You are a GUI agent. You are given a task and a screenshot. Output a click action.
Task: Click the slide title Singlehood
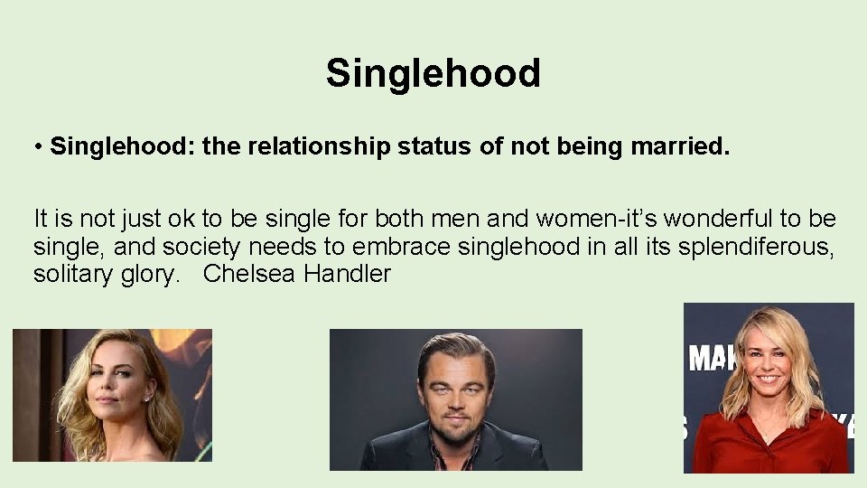click(x=433, y=73)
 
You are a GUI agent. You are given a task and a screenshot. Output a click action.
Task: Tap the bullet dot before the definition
click(x=40, y=147)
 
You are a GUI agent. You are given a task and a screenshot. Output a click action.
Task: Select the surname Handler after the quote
click(x=347, y=273)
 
